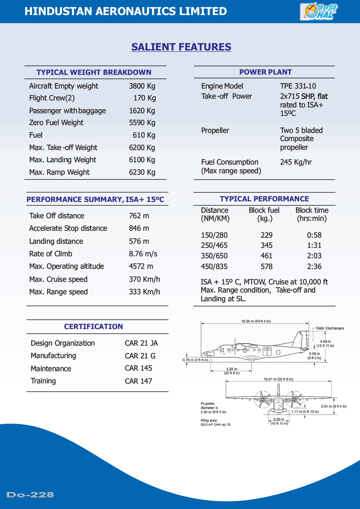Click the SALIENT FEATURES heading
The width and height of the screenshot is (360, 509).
click(x=181, y=47)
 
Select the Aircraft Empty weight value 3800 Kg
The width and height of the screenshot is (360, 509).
click(x=142, y=86)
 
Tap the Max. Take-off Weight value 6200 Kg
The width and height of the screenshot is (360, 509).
click(x=142, y=148)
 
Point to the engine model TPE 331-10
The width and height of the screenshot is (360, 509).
click(x=298, y=86)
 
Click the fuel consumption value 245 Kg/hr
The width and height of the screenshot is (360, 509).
click(x=296, y=162)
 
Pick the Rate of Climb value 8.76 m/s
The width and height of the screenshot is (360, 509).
click(x=143, y=254)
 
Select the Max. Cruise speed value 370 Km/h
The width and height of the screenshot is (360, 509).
click(x=144, y=279)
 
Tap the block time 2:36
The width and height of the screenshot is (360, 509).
click(x=314, y=267)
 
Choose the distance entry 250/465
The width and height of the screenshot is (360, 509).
click(x=214, y=246)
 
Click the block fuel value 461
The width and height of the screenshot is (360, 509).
click(x=266, y=256)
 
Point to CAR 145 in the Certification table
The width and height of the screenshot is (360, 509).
click(x=138, y=368)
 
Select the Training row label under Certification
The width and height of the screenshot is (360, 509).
click(x=43, y=381)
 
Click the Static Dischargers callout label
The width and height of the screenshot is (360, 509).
click(x=330, y=328)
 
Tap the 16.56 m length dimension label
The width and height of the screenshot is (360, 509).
click(x=256, y=321)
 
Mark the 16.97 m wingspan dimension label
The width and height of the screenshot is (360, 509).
click(x=278, y=379)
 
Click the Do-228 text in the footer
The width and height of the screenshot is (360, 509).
click(x=30, y=495)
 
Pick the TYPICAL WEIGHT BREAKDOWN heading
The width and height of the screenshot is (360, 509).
click(x=94, y=72)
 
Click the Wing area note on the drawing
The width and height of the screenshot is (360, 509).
click(x=215, y=423)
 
